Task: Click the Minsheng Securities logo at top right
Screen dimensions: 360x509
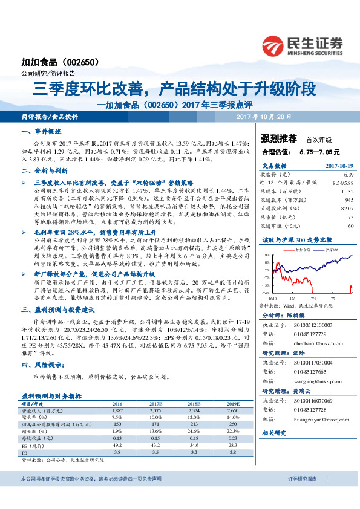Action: click(303, 44)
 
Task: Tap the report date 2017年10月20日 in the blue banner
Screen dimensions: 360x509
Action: click(263, 116)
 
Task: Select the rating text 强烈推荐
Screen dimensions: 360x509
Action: click(278, 138)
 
